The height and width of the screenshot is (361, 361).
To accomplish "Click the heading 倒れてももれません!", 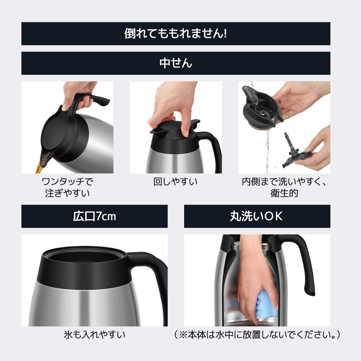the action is (175, 33).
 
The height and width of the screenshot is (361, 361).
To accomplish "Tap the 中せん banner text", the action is (176, 63).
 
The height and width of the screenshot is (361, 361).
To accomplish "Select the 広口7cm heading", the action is (94, 216).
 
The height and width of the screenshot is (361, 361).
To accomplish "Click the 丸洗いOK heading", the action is (257, 216).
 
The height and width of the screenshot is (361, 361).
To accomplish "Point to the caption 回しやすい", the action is (176, 182).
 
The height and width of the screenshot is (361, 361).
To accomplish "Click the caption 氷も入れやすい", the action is (94, 335).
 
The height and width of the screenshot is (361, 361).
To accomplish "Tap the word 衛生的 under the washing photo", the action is (284, 193).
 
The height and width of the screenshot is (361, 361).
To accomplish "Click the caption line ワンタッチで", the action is (68, 182).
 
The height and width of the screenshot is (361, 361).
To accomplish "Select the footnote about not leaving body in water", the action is (257, 335).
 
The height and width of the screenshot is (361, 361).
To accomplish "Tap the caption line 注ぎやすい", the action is (68, 193).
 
